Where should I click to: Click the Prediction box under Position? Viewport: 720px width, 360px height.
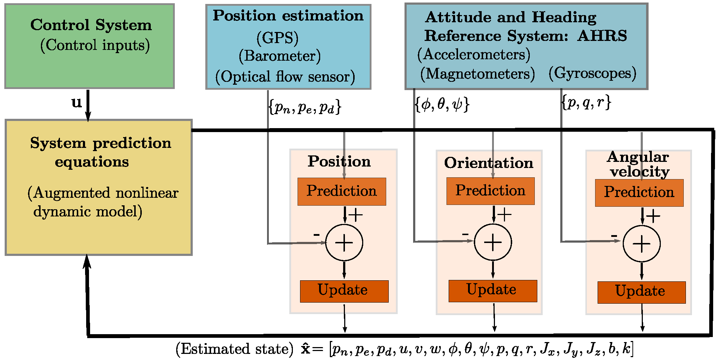341,191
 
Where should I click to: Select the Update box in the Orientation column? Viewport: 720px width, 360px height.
492,291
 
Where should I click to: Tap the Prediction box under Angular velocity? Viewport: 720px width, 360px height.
639,193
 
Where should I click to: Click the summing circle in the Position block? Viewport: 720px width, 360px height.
344,243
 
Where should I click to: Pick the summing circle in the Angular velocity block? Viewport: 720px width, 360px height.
641,244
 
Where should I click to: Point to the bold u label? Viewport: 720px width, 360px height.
76,103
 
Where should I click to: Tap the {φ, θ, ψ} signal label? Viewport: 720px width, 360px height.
442,104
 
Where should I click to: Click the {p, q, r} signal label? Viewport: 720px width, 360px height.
586,102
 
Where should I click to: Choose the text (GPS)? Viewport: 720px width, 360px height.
277,38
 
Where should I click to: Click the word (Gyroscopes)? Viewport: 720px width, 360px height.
592,73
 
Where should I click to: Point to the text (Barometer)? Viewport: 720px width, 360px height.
280,56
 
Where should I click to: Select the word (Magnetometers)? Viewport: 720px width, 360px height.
477,74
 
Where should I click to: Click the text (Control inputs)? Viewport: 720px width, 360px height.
95,45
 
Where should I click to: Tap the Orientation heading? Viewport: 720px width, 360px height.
488,163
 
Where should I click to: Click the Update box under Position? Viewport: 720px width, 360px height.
344,291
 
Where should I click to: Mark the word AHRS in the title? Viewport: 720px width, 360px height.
602,36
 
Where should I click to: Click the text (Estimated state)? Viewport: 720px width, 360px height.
234,349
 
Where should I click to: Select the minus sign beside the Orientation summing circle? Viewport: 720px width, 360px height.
465,234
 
